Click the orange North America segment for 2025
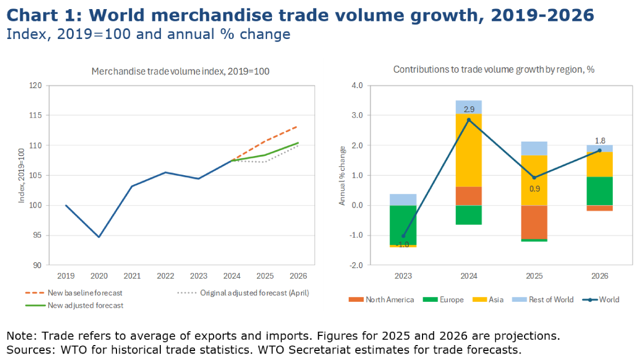coord(534,222)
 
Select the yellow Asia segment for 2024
coord(469,150)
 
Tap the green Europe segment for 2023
coord(403,225)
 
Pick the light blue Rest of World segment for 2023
coord(403,200)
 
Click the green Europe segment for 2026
coord(599,191)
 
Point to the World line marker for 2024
coord(469,120)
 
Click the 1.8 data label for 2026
coord(599,141)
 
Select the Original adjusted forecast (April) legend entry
coord(254,293)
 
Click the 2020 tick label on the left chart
coord(99,276)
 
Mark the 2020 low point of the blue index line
coord(99,237)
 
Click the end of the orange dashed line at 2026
coord(298,127)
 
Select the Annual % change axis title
coord(342,175)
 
